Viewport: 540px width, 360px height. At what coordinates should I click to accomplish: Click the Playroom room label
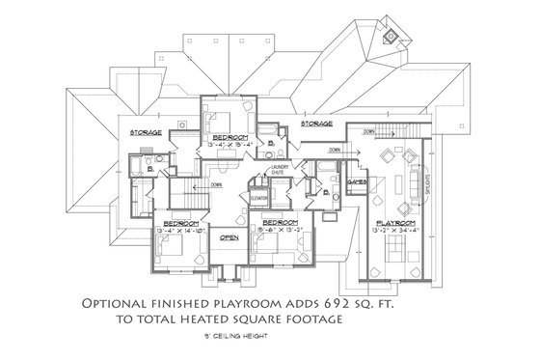(x=395, y=222)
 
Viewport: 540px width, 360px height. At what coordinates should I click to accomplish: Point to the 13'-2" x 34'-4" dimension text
(x=395, y=231)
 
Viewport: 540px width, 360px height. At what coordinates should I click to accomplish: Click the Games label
(x=354, y=180)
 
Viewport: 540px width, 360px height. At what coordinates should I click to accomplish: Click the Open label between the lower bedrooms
(x=229, y=236)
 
